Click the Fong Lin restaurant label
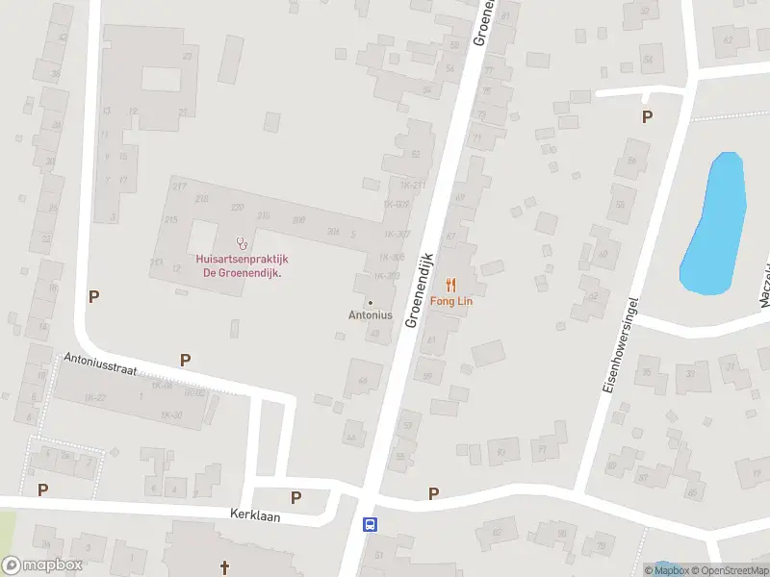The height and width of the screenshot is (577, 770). tap(450, 301)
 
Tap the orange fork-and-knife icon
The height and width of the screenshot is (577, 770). tap(450, 285)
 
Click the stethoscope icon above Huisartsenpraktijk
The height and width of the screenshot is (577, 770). tap(242, 242)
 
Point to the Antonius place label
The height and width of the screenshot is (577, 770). tap(371, 314)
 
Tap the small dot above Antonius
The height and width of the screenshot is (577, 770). tap(371, 302)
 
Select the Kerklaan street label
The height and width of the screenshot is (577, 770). tap(254, 514)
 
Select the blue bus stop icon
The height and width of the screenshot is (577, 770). tap(369, 524)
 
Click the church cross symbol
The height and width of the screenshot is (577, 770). tap(225, 567)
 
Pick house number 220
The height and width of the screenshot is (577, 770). tap(237, 207)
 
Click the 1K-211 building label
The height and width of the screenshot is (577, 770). tap(411, 185)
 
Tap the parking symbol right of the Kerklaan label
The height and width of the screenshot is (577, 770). tap(296, 497)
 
